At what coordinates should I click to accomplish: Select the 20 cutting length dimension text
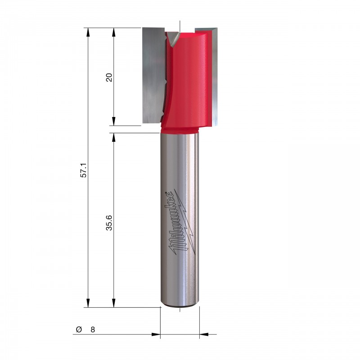coord(109,77)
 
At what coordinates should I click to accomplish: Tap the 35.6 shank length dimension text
coord(109,223)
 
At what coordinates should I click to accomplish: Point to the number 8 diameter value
coord(93,330)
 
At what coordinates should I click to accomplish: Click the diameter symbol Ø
coord(79,329)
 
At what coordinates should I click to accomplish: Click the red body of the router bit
coord(186,81)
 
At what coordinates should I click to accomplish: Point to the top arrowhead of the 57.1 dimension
coord(88,32)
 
